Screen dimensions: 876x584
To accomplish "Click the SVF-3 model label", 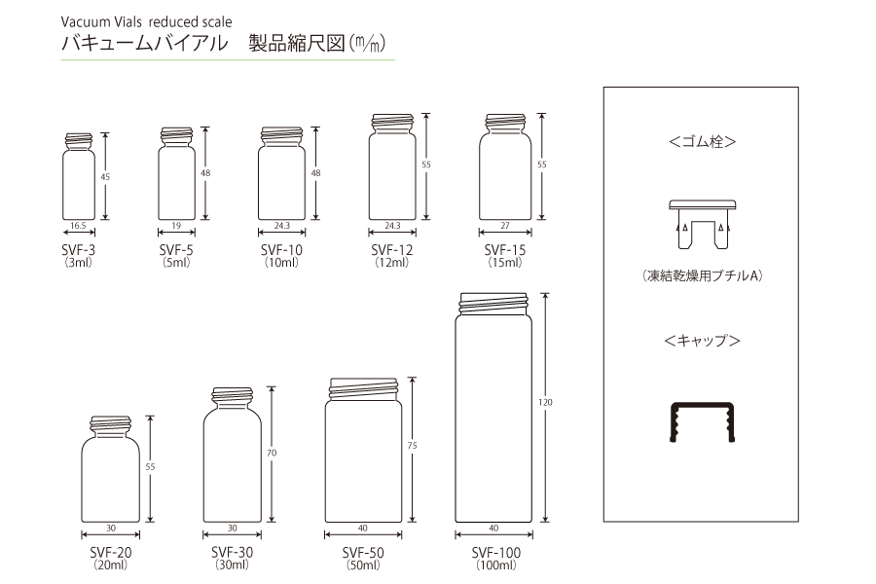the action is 78,250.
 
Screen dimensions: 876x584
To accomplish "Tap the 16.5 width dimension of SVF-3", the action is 78,226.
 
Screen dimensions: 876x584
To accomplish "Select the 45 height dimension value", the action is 105,176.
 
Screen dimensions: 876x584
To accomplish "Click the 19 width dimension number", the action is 176,226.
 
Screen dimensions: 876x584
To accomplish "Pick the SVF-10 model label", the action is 281,250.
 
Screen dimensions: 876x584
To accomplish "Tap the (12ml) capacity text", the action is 391,262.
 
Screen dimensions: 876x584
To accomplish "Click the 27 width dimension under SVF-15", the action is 505,226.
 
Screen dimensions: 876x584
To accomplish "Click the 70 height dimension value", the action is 272,453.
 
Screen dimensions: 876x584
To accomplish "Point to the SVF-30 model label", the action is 233,552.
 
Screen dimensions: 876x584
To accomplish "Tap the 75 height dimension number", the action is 413,446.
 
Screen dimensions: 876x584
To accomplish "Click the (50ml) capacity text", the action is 363,565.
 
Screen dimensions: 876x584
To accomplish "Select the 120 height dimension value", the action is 545,402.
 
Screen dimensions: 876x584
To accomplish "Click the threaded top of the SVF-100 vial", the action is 493,304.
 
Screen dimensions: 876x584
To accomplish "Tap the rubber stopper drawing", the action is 702,224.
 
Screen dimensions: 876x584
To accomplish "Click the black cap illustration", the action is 702,421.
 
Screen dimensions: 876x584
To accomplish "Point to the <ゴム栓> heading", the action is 702,141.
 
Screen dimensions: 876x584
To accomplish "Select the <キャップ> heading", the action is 702,341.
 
